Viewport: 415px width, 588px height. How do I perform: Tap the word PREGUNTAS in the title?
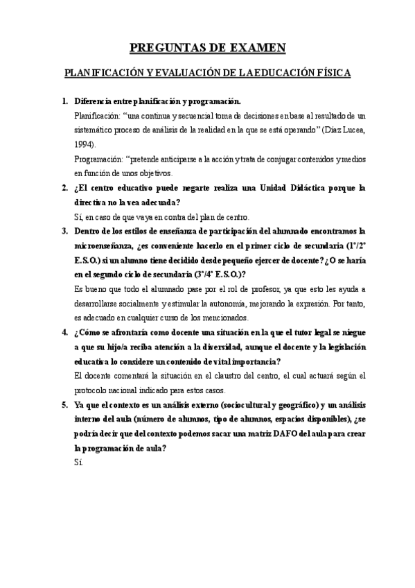click(x=164, y=46)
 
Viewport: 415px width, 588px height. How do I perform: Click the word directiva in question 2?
click(x=94, y=202)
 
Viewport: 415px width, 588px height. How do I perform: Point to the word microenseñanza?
click(x=112, y=246)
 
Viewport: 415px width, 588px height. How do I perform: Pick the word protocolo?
click(x=94, y=390)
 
